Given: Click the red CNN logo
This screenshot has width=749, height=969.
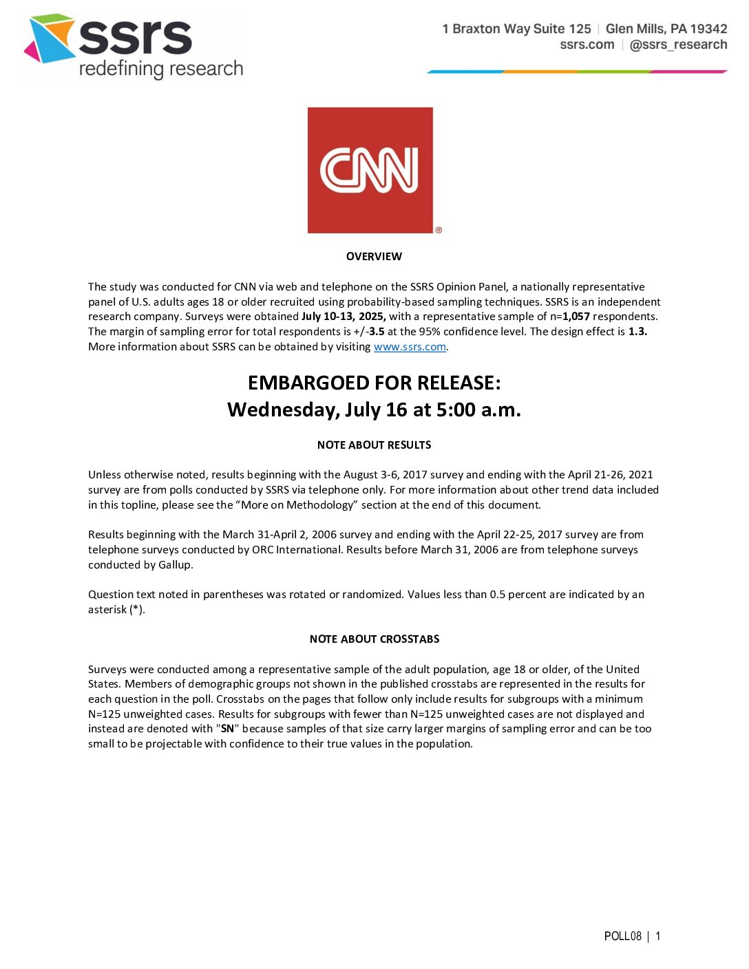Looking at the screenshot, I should coord(370,170).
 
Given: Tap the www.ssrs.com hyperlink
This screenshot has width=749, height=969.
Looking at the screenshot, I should coord(410,347).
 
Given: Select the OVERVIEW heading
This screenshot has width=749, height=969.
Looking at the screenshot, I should coord(374,257).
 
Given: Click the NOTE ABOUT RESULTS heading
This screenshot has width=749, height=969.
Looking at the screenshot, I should coord(374,445).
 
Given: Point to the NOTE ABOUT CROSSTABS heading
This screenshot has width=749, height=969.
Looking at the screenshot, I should coord(374,639).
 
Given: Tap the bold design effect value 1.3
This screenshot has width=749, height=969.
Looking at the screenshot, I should coord(637,332).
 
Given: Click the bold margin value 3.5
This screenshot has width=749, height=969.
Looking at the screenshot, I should coord(377,332).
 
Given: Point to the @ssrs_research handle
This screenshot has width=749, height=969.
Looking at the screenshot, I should coord(678,45).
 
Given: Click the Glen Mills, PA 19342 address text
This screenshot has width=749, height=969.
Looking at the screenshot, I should coord(666,29).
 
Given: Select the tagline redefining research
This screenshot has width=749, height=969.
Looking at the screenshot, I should coord(161,69).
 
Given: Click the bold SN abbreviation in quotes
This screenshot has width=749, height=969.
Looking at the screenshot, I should coord(227,729).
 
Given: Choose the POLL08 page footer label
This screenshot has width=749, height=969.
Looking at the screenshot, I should coord(622,936).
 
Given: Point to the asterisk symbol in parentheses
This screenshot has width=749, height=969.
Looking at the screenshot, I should coord(137,610).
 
